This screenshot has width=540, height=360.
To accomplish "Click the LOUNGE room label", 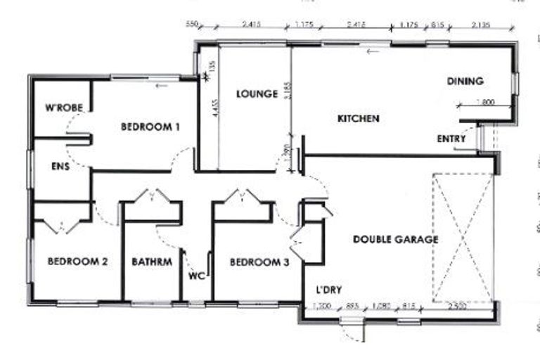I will [257, 94].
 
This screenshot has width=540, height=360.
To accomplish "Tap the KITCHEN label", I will [359, 119].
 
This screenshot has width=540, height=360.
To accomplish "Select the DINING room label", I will [465, 82].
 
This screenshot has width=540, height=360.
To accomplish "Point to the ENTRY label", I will [451, 139].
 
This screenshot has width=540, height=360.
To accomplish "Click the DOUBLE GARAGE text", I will [395, 240].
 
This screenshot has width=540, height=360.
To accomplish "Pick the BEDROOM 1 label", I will [150, 127].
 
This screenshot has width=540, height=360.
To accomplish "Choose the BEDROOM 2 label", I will [77, 262].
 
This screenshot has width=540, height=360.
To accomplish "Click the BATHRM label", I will [152, 262].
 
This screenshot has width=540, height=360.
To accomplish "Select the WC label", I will [196, 276].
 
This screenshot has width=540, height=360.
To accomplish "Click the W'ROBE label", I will [64, 108].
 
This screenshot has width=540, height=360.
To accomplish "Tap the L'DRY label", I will [328, 290].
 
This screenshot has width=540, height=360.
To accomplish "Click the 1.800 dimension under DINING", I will [485, 102].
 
